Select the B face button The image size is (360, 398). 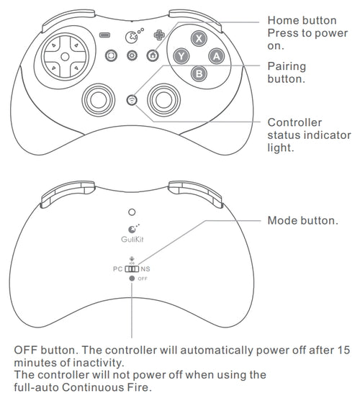[198, 71]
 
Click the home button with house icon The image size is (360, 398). [152, 55]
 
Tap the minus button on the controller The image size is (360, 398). [105, 35]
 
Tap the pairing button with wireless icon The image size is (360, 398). [131, 100]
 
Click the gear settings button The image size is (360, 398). [132, 55]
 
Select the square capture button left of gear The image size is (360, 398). [112, 55]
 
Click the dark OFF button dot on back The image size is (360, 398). [132, 279]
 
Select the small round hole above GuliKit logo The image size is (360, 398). [131, 212]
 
